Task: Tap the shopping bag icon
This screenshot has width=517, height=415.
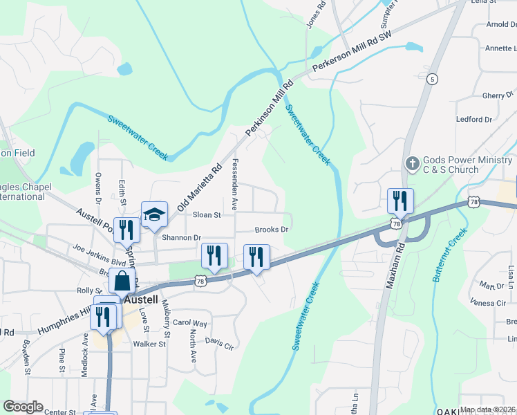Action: pos(122,282)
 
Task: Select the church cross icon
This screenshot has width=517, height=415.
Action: pos(412,164)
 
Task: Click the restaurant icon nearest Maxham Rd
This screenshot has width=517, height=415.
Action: pos(400,201)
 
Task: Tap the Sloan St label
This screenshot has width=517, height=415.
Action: pos(207,215)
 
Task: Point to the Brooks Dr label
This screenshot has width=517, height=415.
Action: pos(271,230)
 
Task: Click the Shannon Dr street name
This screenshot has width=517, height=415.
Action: pos(180,238)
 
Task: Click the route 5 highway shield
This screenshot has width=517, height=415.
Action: pos(433,79)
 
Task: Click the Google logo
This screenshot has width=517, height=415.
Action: pos(23,407)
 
